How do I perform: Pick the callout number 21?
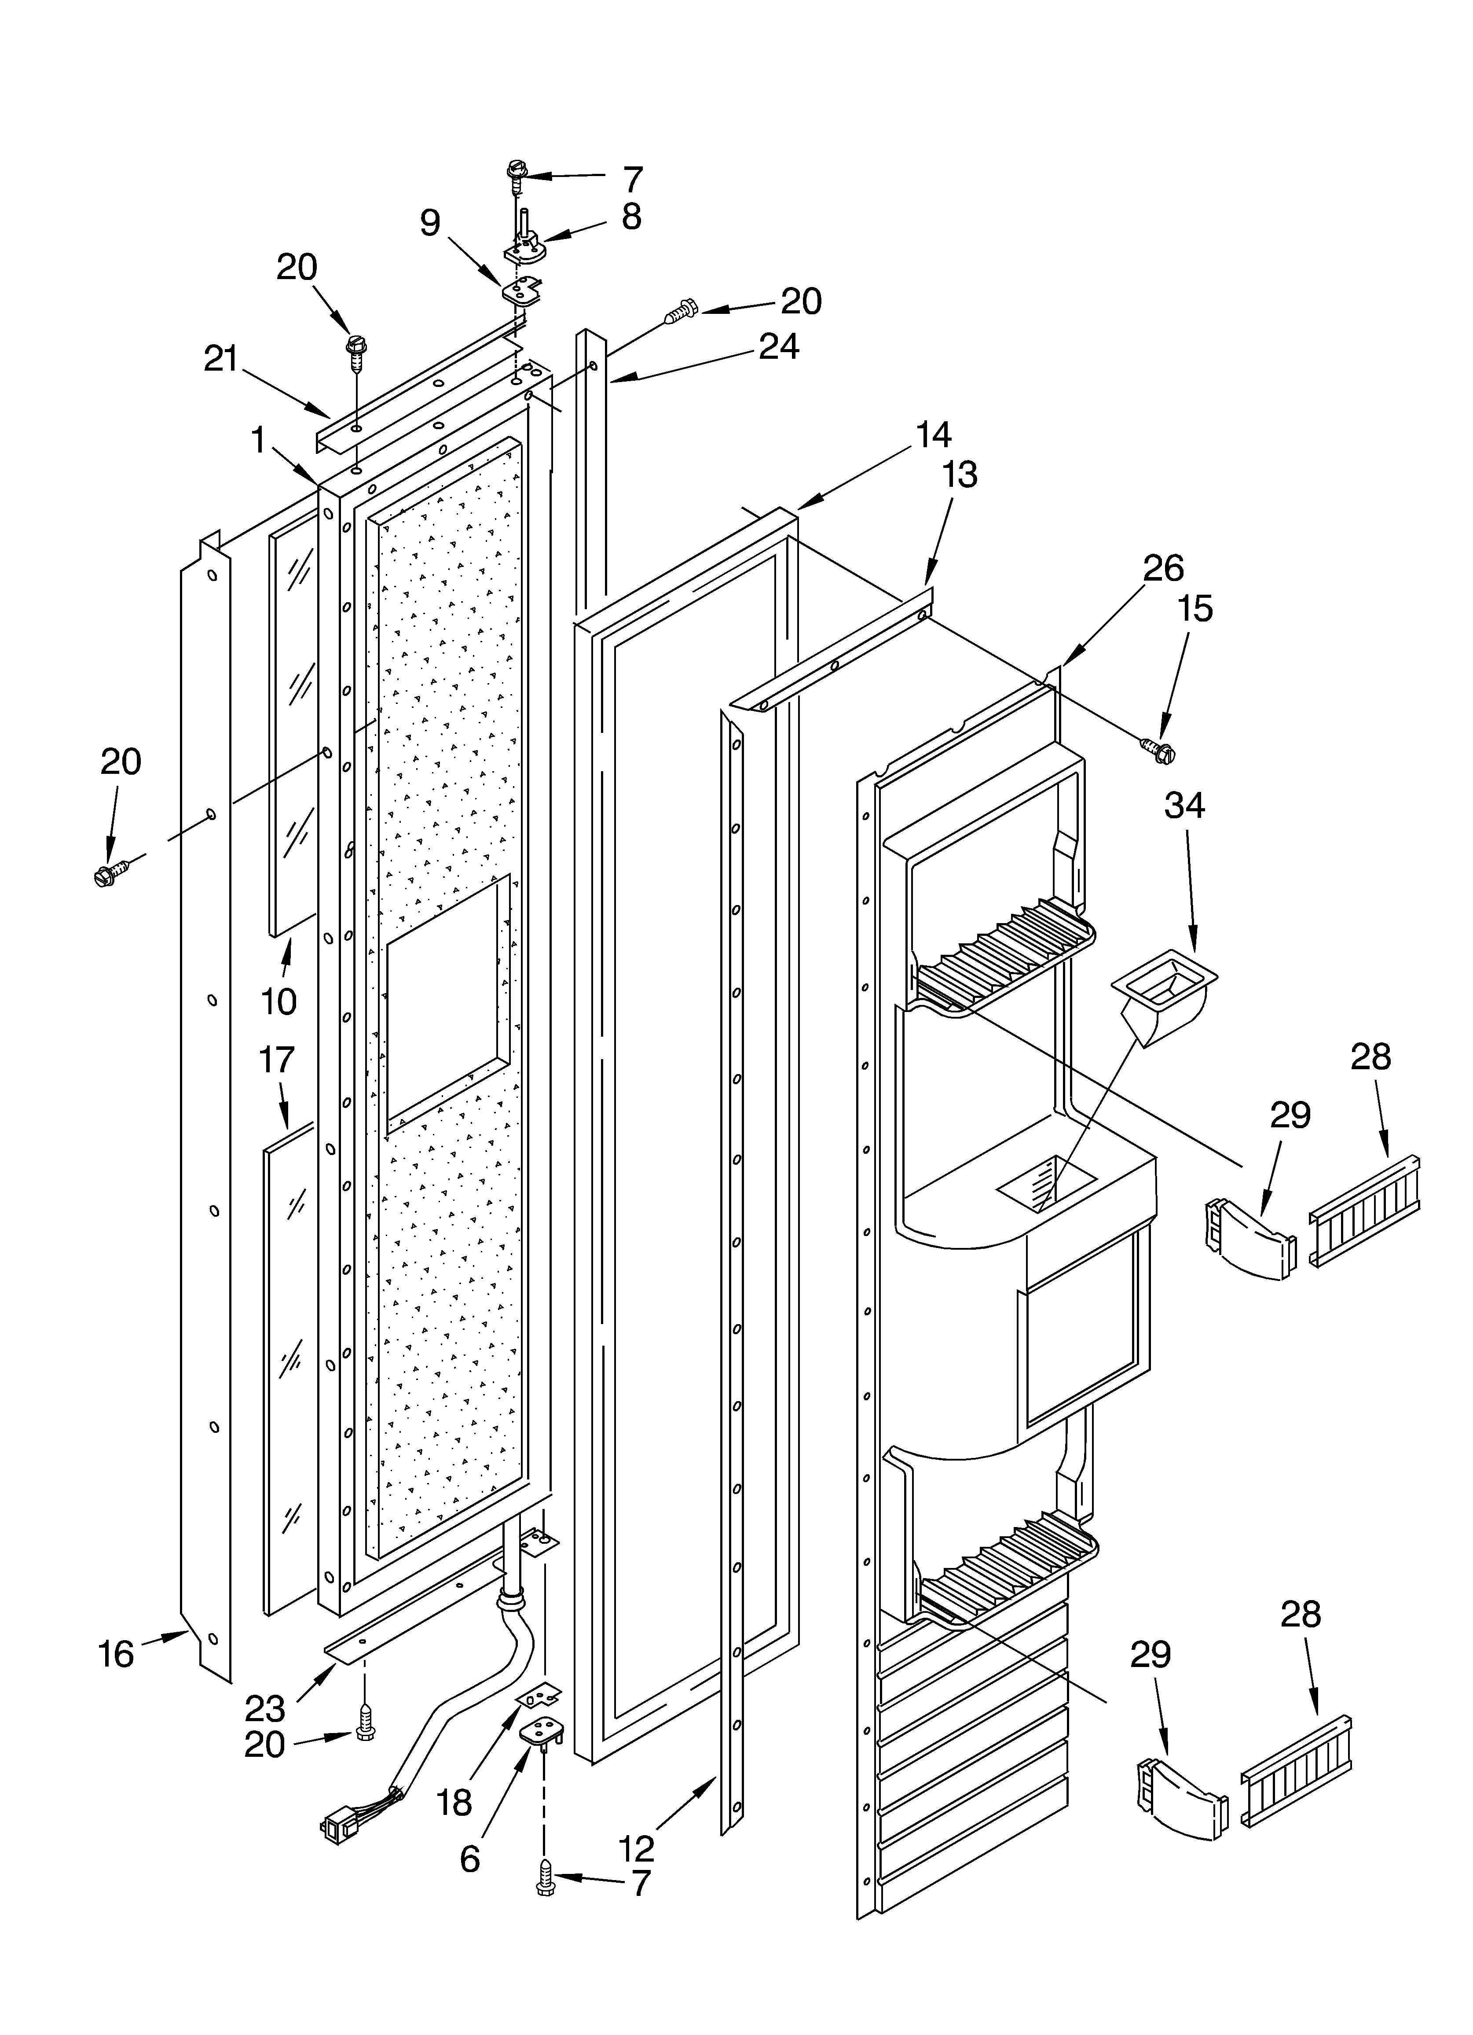click(x=221, y=359)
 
